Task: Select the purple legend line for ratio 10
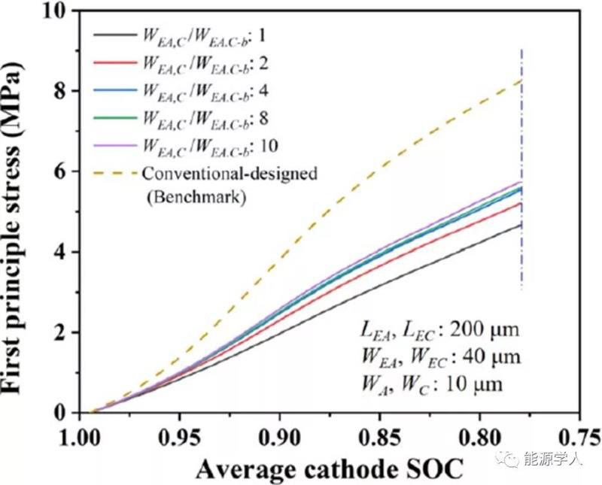point(114,145)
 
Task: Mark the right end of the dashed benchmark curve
point(521,80)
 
